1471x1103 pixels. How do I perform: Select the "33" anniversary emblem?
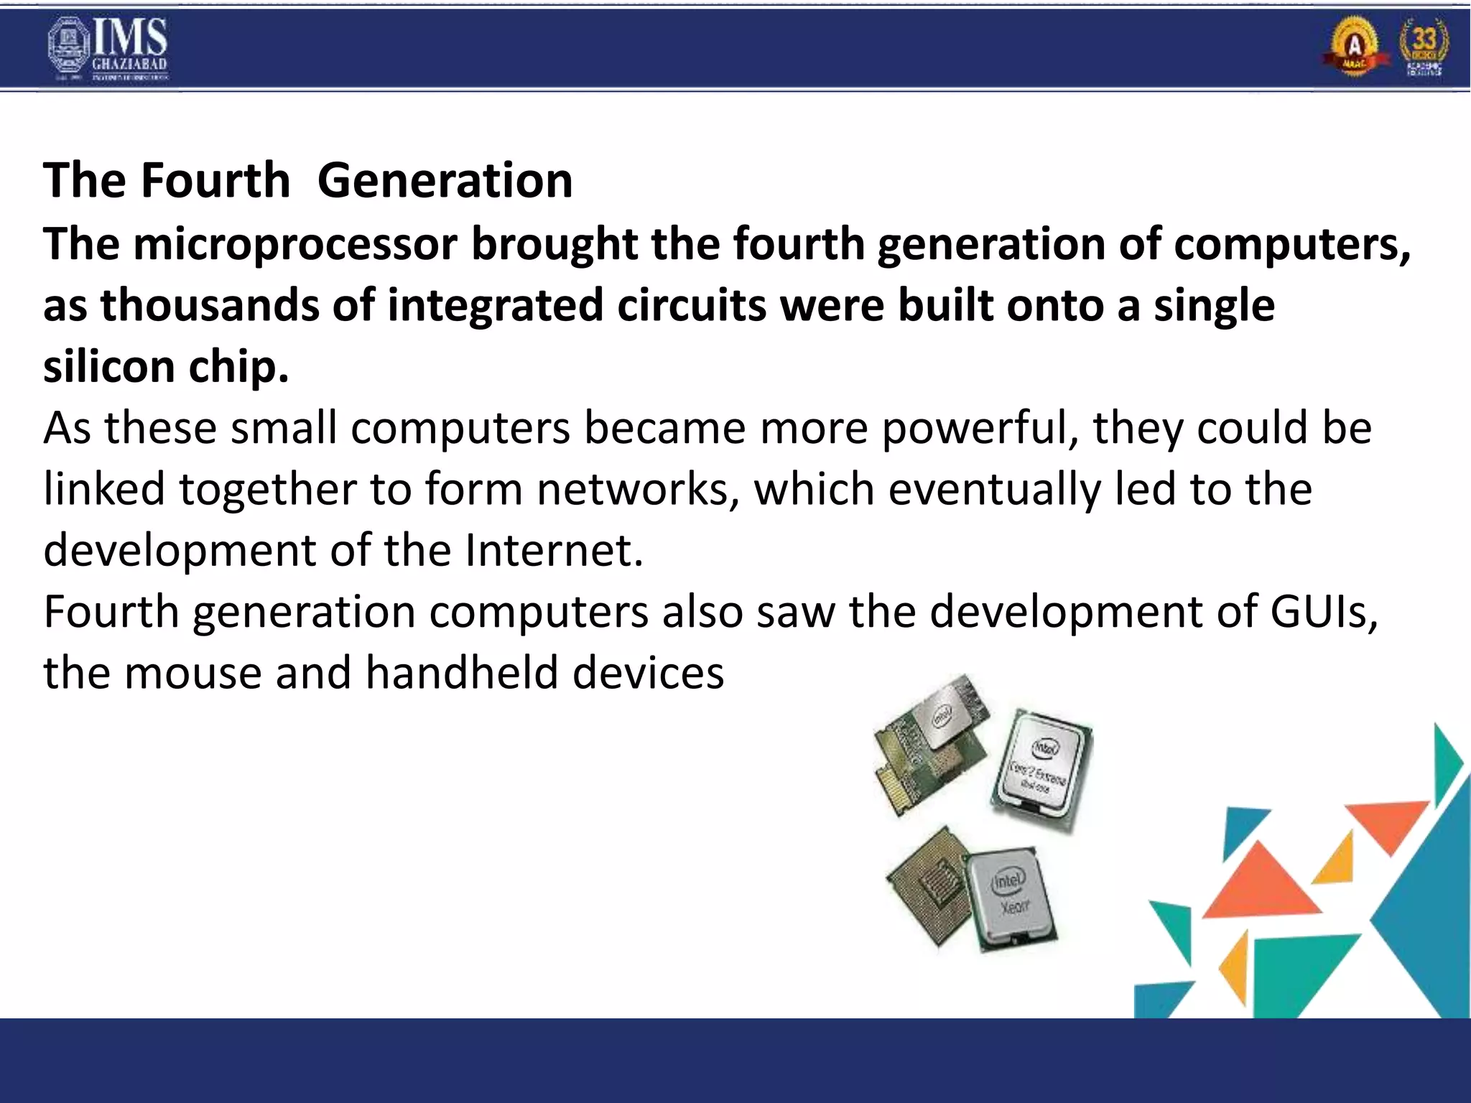[x=1423, y=47]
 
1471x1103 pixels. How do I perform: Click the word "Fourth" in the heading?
[x=215, y=180]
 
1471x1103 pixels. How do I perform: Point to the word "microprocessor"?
[x=295, y=244]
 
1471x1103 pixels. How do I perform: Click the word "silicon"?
[x=108, y=366]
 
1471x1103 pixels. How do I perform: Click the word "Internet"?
[x=554, y=551]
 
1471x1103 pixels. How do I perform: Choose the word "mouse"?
[x=193, y=674]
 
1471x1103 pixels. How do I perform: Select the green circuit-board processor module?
[x=931, y=743]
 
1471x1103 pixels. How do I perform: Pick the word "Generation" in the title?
[x=445, y=180]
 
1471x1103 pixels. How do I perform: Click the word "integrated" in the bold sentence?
[x=496, y=305]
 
